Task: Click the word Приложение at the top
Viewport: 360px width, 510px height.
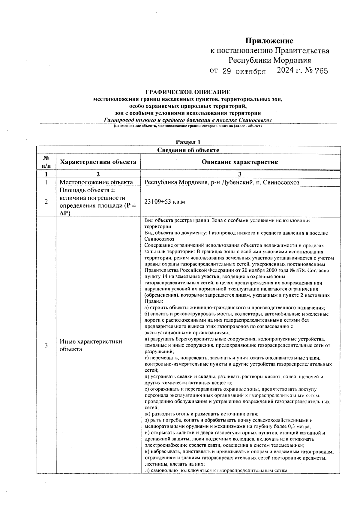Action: click(x=269, y=40)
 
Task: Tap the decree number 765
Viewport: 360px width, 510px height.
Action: click(x=321, y=71)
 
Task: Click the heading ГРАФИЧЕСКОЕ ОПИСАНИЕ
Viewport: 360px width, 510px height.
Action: click(x=188, y=92)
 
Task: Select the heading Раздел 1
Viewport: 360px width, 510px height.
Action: click(x=188, y=142)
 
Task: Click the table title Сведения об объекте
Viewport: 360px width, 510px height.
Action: click(x=188, y=150)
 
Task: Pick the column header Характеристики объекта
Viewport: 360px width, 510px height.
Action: click(x=98, y=162)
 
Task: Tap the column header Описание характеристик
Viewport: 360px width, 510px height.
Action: click(x=240, y=162)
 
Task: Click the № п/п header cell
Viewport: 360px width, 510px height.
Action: click(x=46, y=162)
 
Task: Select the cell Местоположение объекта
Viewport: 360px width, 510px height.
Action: click(x=96, y=182)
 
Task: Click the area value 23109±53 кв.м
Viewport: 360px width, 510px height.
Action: click(x=165, y=202)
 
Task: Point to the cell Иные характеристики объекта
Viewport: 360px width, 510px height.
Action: click(x=91, y=345)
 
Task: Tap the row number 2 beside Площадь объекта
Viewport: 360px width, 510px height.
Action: click(x=46, y=202)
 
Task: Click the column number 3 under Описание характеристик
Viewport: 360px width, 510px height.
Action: click(x=240, y=174)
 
